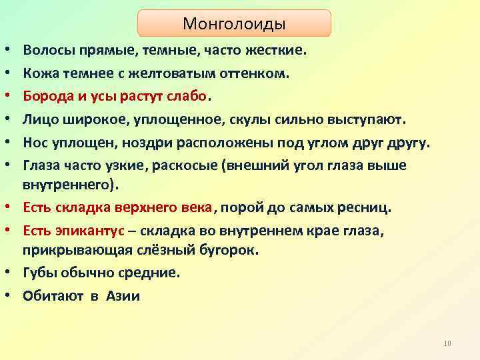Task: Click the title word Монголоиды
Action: click(234, 24)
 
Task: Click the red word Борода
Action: click(48, 95)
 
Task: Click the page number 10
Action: click(447, 343)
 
